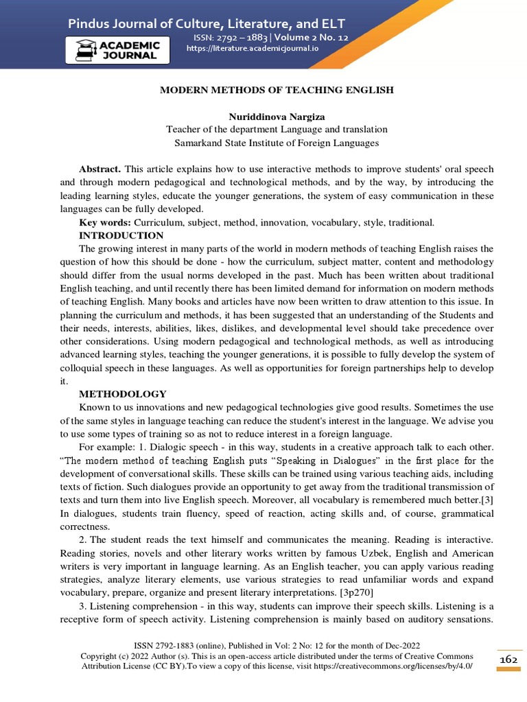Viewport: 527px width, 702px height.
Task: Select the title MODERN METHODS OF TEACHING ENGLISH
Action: (x=277, y=90)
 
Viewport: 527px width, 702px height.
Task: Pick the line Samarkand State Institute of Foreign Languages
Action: (x=277, y=143)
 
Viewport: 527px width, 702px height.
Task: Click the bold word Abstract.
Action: (x=99, y=169)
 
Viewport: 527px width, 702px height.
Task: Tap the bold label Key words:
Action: (x=105, y=223)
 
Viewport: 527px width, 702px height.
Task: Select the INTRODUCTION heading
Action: (x=121, y=235)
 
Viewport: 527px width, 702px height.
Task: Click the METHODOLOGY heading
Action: (x=122, y=394)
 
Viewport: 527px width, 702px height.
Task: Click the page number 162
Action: (x=508, y=659)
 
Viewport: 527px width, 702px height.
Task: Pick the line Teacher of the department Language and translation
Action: (x=277, y=130)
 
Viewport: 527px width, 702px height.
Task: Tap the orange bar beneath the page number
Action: (x=508, y=669)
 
